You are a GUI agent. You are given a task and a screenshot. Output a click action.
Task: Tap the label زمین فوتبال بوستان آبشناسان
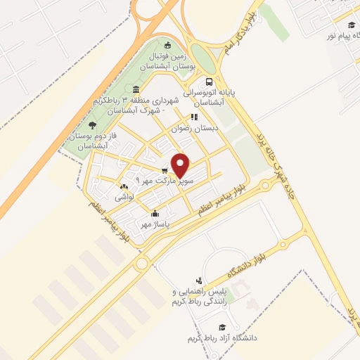point(173,60)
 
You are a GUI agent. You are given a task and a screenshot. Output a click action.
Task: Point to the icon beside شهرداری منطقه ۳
point(135,90)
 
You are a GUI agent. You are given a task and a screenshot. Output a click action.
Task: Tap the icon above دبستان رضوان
point(193,117)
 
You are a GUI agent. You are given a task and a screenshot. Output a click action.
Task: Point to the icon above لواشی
point(124,187)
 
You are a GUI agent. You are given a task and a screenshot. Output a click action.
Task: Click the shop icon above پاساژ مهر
point(155,213)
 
